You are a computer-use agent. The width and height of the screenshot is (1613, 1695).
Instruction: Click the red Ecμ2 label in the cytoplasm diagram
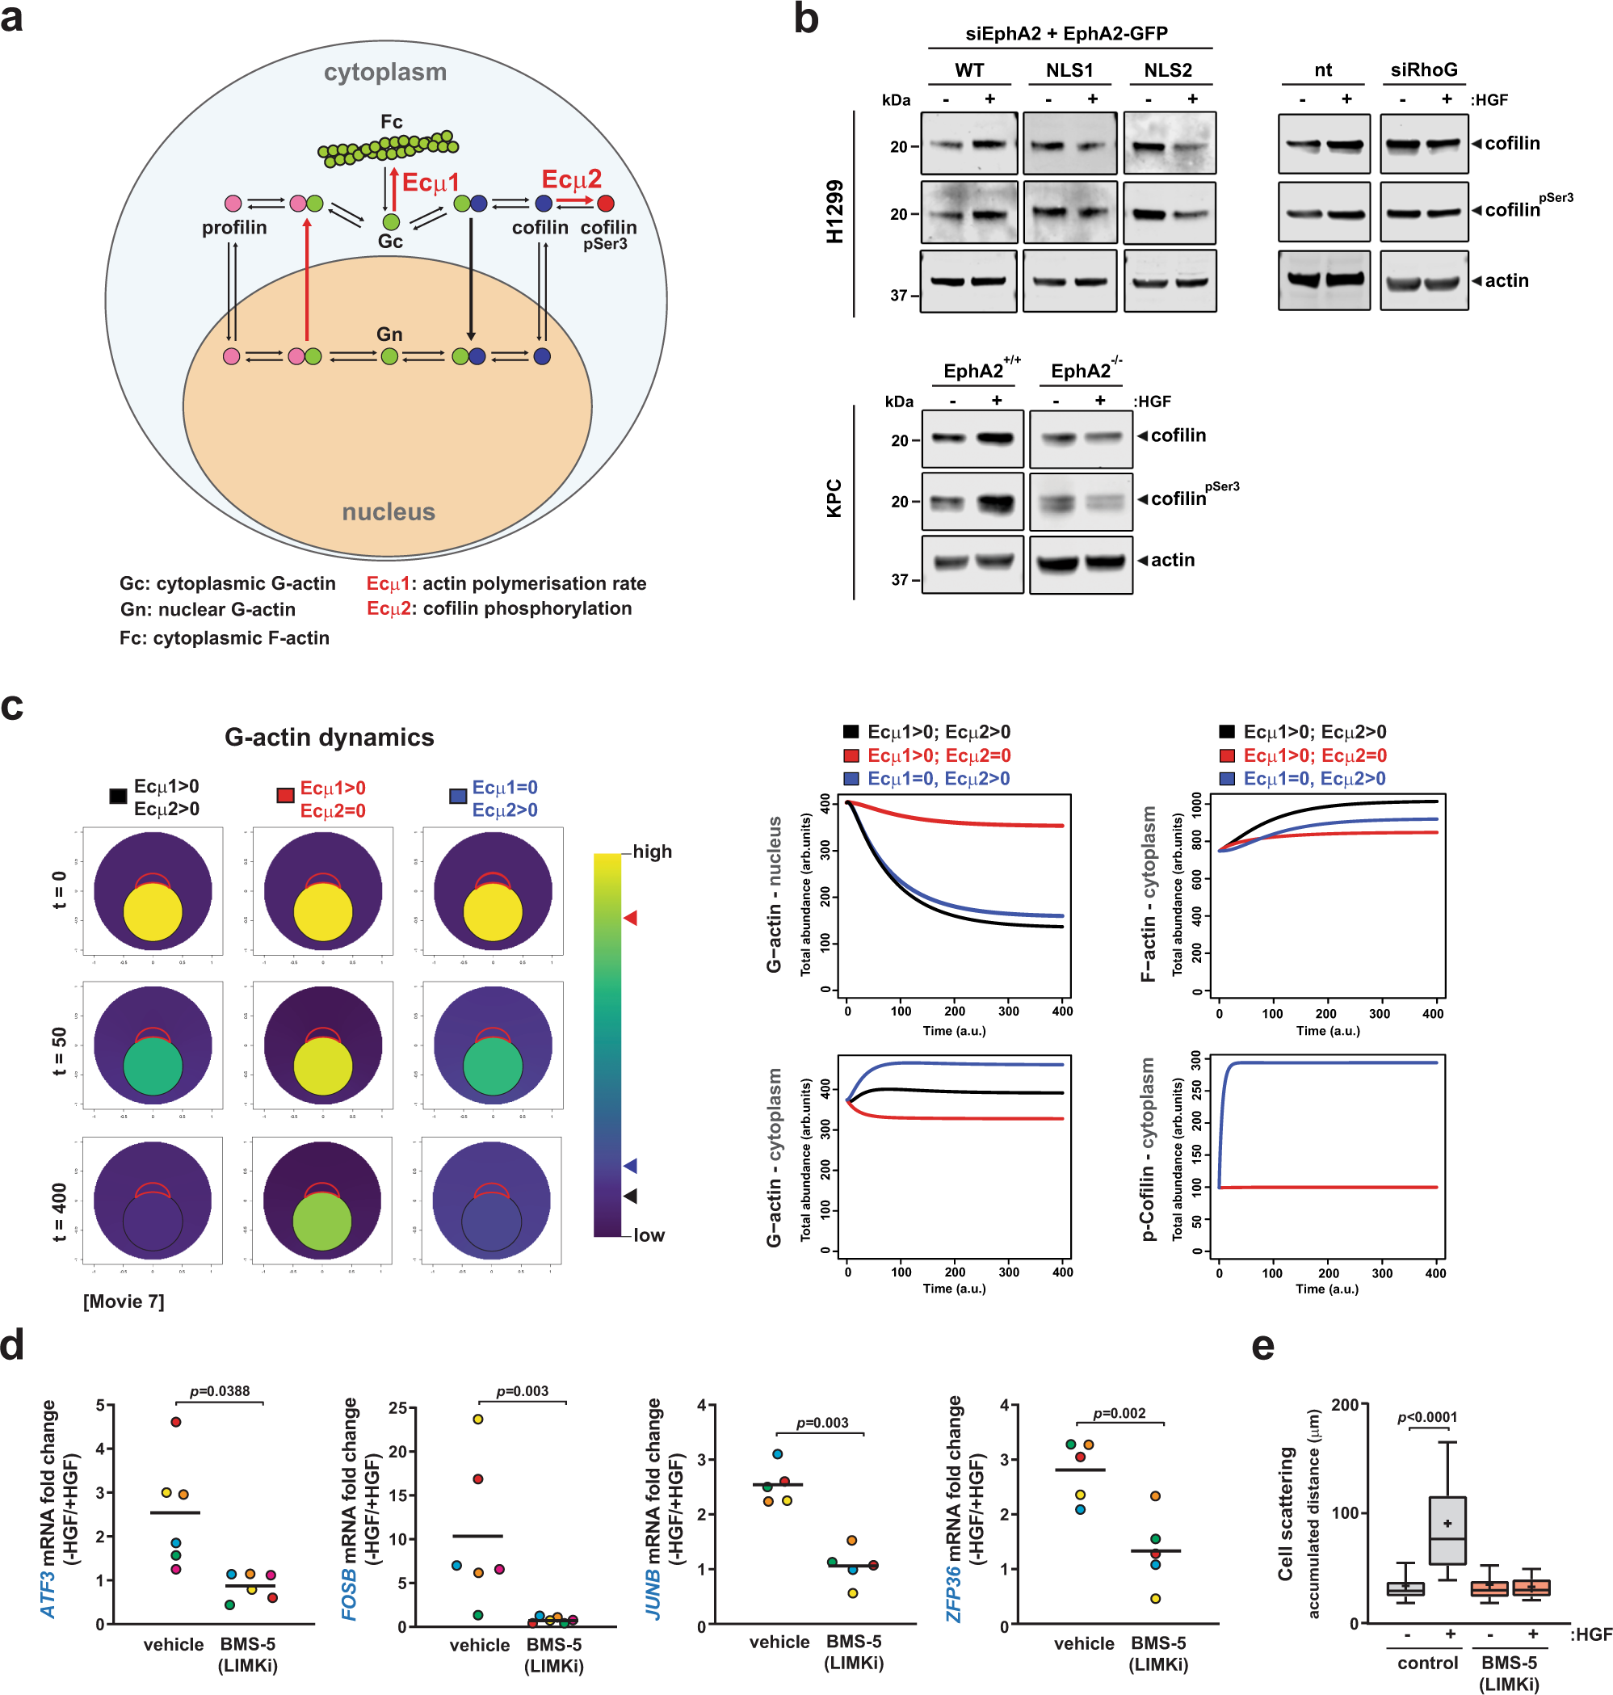point(571,179)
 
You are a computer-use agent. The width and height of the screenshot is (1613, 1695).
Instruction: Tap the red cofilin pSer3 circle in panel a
point(605,204)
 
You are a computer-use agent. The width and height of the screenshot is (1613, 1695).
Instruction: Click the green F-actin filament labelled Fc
point(388,149)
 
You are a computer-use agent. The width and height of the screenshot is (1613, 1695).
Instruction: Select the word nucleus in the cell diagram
point(389,511)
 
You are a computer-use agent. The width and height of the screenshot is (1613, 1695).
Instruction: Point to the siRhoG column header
point(1424,70)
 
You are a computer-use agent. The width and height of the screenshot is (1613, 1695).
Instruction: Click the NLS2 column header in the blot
point(1168,70)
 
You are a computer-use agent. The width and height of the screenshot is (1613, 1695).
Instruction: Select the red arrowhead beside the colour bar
point(630,918)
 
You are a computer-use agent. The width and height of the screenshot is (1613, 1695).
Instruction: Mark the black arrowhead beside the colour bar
point(630,1196)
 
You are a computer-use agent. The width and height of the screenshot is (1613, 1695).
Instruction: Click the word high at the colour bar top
point(653,852)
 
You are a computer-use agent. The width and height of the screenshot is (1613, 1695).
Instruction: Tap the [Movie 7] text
point(124,1301)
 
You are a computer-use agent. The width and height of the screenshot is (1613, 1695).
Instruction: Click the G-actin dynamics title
point(330,737)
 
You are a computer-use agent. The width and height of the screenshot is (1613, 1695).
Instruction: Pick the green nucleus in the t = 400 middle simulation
point(322,1221)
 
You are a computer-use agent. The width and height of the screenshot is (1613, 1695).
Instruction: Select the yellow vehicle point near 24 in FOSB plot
point(478,1419)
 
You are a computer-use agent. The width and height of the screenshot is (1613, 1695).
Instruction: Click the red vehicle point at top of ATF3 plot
point(176,1422)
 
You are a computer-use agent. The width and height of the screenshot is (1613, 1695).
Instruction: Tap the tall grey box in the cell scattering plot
point(1447,1530)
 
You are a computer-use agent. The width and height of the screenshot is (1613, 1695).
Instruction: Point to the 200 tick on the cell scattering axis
point(1345,1404)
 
